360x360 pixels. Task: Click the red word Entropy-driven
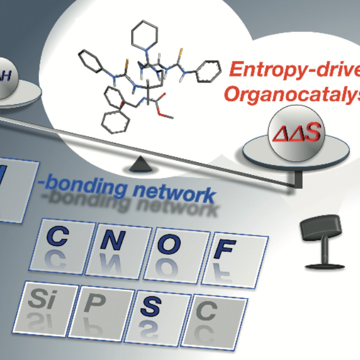coord(294,70)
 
